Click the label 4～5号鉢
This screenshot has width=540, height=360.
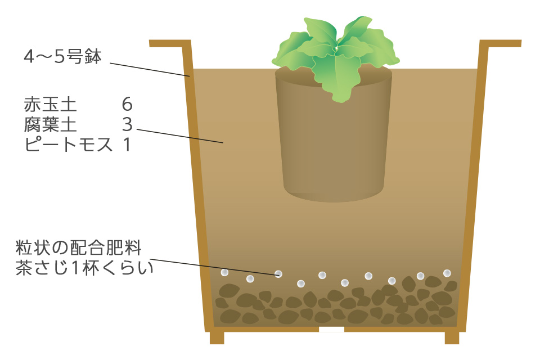(62, 57)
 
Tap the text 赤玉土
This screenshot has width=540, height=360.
(50, 105)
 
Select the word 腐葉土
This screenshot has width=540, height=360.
(50, 124)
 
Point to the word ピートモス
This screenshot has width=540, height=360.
(69, 145)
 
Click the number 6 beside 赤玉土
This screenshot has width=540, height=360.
(127, 105)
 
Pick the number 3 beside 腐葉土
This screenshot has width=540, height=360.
(127, 124)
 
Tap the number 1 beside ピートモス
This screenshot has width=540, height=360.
(127, 145)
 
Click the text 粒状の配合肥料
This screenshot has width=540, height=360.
(79, 247)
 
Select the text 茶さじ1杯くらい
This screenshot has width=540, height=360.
(84, 268)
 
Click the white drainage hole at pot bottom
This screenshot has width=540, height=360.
(331, 330)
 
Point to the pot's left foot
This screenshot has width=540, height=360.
(217, 337)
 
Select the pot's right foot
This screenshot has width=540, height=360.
(452, 337)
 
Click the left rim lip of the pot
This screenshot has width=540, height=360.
(169, 43)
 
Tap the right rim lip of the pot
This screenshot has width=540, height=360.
(501, 43)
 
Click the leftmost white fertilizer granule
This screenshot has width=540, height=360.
(224, 272)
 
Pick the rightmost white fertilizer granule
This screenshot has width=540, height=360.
(447, 273)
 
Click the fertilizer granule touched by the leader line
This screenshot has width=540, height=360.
(278, 274)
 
